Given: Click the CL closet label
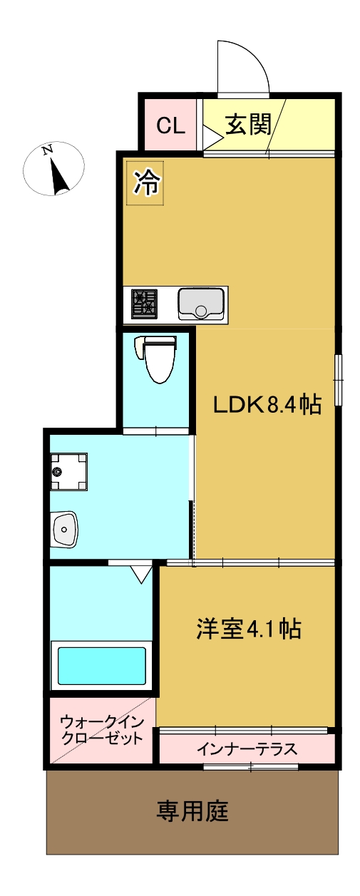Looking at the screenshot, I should pos(171,125).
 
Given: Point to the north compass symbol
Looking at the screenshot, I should pos(54,170).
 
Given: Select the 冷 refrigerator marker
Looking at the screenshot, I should pos(146,184).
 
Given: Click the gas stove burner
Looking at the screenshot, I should pos(143,304).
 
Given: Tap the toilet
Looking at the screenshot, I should pos(158,360).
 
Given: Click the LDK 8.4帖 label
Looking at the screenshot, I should pos(267,405).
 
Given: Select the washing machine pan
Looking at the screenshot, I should pos(68,471).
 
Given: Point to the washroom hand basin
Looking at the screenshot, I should pos(65,530).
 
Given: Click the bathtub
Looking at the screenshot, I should pos(102,664).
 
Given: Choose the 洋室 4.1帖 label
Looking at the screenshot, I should pos(248,629).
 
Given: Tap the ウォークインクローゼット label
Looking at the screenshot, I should pos(102,729).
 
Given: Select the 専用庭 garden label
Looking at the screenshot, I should pos(192,811).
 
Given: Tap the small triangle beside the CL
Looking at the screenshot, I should pos(212,135).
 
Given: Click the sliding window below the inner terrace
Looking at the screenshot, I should pos(250,767).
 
